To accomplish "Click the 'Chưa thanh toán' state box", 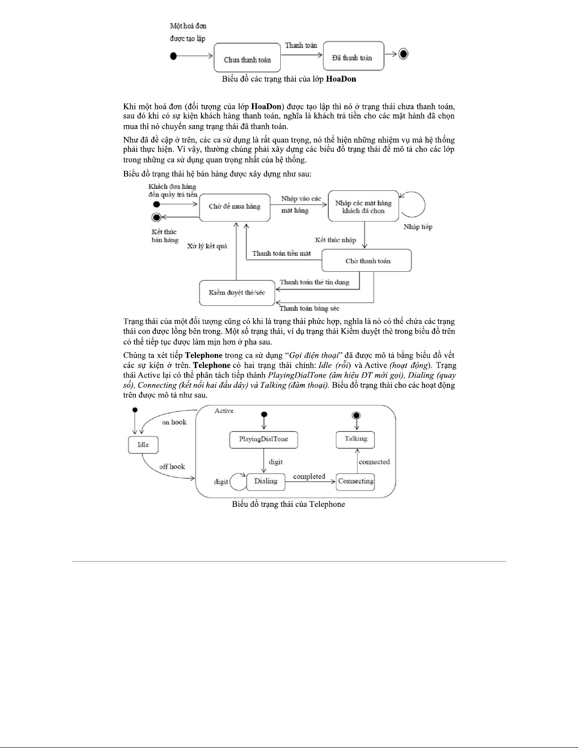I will pos(247,58).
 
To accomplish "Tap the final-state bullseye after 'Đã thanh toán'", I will pos(403,54).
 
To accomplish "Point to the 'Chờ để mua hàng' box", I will pos(235,207).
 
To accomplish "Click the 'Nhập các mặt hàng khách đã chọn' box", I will pos(363,207).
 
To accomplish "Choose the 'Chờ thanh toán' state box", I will pos(367,261).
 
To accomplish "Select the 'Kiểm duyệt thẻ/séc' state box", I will pos(237,293).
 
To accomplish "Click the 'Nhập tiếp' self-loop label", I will pos(418,227).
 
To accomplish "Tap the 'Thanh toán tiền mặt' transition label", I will pos(281,253).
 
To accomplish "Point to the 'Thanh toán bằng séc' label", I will pos(309,309).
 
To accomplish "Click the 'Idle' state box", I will pos(143,445).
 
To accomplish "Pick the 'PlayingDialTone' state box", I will pos(263,439).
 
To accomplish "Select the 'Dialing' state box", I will pos(266,481).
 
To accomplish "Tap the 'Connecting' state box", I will pos(355,481).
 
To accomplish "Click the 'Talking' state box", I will pos(355,439).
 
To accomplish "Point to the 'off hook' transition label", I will pos(172,467).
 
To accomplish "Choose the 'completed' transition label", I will pos(309,477).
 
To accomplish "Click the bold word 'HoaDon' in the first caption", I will pos(341,79).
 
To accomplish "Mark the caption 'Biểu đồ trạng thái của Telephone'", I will pos(288,504).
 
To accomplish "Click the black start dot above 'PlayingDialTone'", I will pos(264,414).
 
